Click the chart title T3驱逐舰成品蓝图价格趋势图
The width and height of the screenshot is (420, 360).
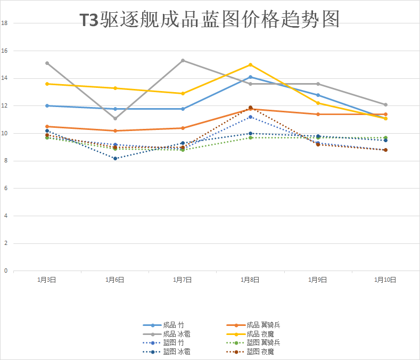[210, 19]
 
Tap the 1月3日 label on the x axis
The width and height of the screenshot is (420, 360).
[47, 280]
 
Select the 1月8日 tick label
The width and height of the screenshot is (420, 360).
[250, 280]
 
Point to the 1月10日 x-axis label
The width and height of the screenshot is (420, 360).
[385, 280]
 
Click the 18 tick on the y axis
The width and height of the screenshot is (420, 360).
[4, 23]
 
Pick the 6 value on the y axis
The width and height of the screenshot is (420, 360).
[6, 188]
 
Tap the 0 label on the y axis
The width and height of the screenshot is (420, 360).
[6, 271]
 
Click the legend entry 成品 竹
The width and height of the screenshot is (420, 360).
[163, 325]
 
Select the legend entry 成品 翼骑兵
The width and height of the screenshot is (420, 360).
[253, 325]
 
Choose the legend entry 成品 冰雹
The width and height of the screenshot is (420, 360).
[167, 334]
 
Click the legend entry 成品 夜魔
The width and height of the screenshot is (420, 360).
[250, 334]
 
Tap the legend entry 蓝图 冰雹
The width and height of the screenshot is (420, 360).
[167, 351]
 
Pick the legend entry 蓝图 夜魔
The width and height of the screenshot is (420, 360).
[250, 351]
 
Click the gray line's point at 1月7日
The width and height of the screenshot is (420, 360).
[183, 61]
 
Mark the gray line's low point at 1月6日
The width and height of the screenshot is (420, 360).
[115, 118]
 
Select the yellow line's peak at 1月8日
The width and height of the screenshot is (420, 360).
[250, 64]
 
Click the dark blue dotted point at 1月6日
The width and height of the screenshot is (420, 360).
[115, 158]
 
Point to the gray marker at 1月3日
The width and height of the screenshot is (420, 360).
[47, 63]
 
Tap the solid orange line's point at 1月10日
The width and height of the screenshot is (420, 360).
[386, 114]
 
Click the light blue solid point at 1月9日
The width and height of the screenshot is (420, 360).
[318, 95]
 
